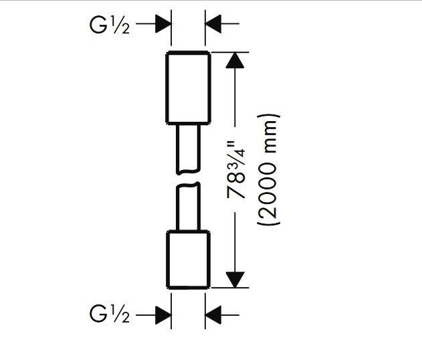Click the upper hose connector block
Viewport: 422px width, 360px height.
coord(189,87)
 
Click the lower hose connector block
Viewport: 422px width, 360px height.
coord(189,260)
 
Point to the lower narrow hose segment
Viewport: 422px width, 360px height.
coord(188,207)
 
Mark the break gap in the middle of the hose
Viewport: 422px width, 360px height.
coord(188,177)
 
